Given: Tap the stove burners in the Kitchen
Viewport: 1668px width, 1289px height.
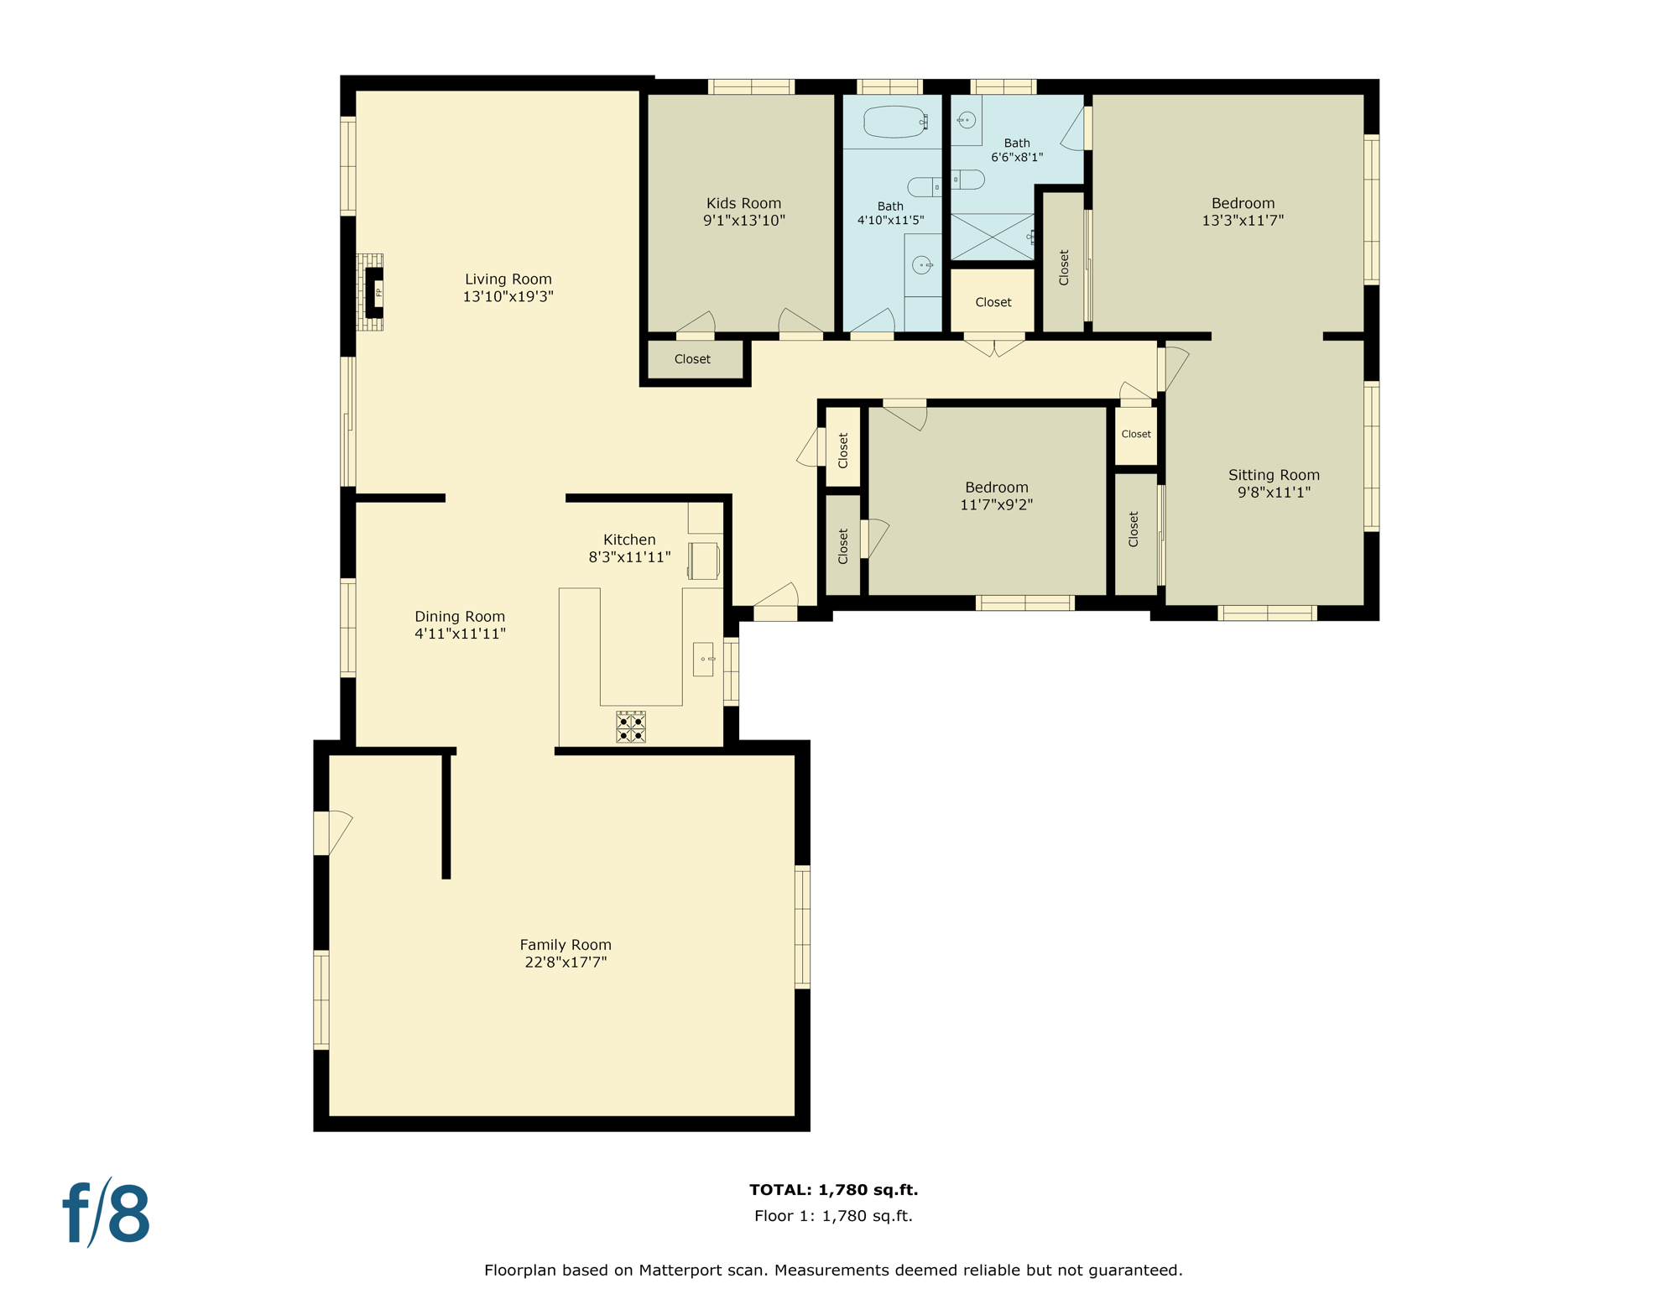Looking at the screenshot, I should pyautogui.click(x=631, y=727).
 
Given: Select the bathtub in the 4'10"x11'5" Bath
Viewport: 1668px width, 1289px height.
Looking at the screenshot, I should pyautogui.click(x=894, y=123).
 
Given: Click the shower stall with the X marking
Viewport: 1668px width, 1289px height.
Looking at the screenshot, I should pyautogui.click(x=992, y=237).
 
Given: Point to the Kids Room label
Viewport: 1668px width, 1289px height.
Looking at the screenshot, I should pyautogui.click(x=743, y=203).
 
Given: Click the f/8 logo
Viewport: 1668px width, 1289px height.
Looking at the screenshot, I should pyautogui.click(x=107, y=1213).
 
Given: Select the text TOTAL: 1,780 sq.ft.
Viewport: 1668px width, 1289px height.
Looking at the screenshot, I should pyautogui.click(x=833, y=1189).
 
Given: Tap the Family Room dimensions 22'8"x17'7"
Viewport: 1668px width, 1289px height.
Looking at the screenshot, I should pyautogui.click(x=566, y=963).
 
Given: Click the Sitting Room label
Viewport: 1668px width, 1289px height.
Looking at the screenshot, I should pyautogui.click(x=1273, y=475).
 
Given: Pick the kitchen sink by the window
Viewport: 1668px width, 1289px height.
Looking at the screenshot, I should pyautogui.click(x=703, y=660).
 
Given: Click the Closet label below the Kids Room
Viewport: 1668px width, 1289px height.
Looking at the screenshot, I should pyautogui.click(x=692, y=359).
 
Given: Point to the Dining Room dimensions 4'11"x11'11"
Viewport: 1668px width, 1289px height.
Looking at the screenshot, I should pyautogui.click(x=460, y=634).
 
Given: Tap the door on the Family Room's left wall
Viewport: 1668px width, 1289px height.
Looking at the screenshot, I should pyautogui.click(x=331, y=832).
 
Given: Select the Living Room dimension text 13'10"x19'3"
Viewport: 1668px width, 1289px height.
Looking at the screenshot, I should pyautogui.click(x=508, y=296).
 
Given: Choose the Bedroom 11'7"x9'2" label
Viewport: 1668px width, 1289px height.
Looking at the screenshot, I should pyautogui.click(x=996, y=488).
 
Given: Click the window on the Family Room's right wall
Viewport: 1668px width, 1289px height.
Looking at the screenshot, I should pyautogui.click(x=802, y=926).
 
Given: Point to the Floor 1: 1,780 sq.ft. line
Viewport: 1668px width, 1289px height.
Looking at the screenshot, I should pyautogui.click(x=833, y=1216).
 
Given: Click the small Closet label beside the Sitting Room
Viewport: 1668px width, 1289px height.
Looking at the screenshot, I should pyautogui.click(x=1136, y=434).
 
